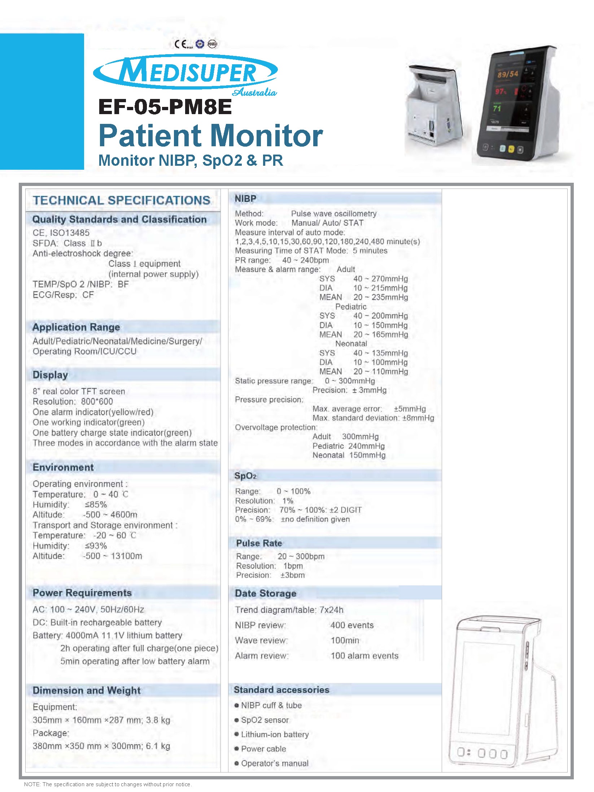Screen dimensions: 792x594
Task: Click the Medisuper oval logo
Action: tap(185, 72)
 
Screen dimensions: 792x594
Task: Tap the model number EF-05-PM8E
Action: tap(165, 107)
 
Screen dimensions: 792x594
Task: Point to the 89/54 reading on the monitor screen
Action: tap(508, 74)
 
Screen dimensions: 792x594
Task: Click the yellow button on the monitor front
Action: tap(511, 149)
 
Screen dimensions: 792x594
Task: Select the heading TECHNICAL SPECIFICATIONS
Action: tap(122, 200)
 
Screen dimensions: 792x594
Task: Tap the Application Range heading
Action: tap(76, 327)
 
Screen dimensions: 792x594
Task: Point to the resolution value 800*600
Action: tap(97, 402)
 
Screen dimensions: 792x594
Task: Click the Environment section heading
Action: tap(63, 467)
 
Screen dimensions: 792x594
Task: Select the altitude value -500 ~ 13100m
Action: tap(113, 556)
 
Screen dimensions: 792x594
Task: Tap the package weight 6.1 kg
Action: tap(158, 746)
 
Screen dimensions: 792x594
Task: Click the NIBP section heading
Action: tap(245, 199)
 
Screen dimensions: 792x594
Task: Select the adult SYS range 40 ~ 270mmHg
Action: tap(381, 279)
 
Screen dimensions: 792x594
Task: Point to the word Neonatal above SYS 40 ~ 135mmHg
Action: tap(351, 344)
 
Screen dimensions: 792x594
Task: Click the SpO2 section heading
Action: tap(245, 476)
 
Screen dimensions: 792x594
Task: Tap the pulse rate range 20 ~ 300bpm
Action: tap(301, 557)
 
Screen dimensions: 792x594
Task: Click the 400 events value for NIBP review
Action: tap(352, 625)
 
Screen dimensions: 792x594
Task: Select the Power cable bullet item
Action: tap(263, 749)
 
